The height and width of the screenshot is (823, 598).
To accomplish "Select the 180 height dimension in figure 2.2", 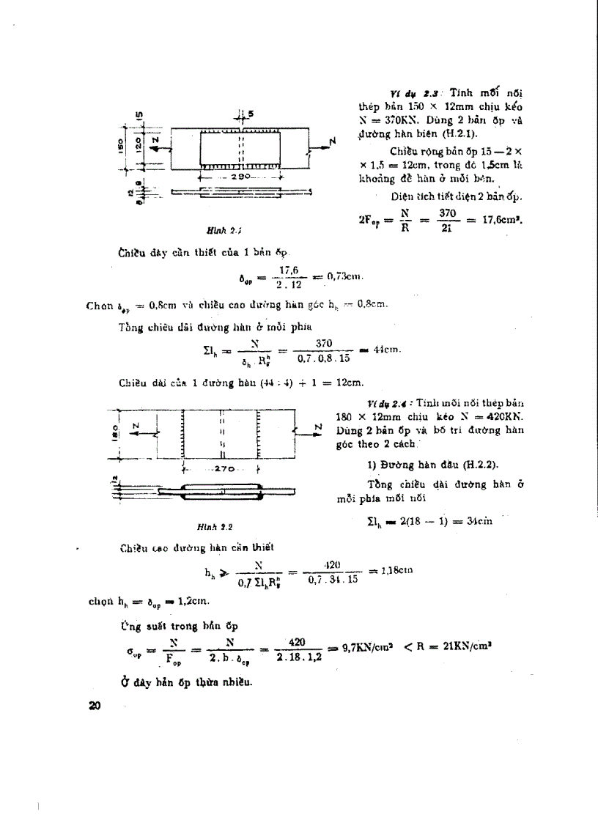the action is (x=117, y=431).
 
